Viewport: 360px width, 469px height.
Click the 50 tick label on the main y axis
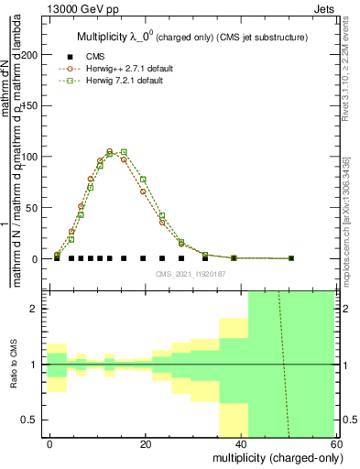point(36,208)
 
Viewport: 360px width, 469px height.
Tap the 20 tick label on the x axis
point(146,442)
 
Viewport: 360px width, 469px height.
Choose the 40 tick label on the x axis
point(241,442)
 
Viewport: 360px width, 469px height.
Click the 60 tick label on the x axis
point(335,442)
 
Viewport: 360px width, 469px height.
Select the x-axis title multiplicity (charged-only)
point(274,456)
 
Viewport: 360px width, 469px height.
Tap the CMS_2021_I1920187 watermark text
point(190,273)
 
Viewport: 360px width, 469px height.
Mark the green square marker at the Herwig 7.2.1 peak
point(124,152)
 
